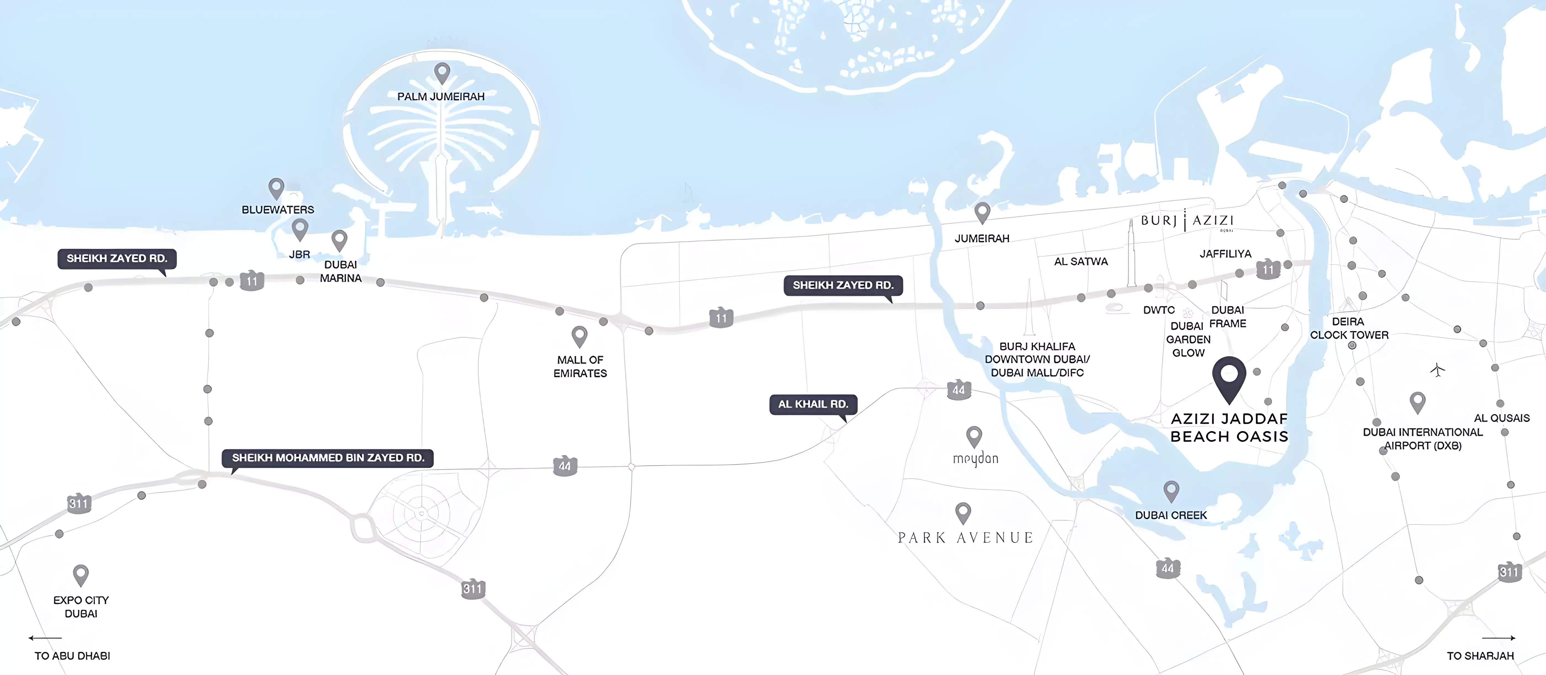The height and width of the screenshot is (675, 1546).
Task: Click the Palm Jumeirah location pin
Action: coord(442,73)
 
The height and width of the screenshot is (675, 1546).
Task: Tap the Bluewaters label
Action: coord(278,210)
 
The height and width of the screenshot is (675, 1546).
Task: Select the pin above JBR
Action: coord(300,229)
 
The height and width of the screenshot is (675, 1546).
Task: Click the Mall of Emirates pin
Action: coord(579,336)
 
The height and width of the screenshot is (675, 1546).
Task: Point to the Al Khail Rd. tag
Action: coord(813,404)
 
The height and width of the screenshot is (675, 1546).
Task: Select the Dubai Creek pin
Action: coord(1171,491)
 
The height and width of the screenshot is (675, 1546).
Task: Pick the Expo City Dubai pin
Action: coord(80,575)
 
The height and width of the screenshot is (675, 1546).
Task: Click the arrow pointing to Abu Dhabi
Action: coord(45,638)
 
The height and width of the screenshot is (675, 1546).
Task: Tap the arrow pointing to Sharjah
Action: coord(1499,638)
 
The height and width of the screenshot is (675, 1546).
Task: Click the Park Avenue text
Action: coord(965,537)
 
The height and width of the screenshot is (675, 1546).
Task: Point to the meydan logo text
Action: coord(975,459)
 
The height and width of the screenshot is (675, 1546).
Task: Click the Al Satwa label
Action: coord(1081,261)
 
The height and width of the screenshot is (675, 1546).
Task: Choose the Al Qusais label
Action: coord(1502,418)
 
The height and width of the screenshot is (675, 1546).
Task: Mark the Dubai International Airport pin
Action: coord(1418,401)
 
